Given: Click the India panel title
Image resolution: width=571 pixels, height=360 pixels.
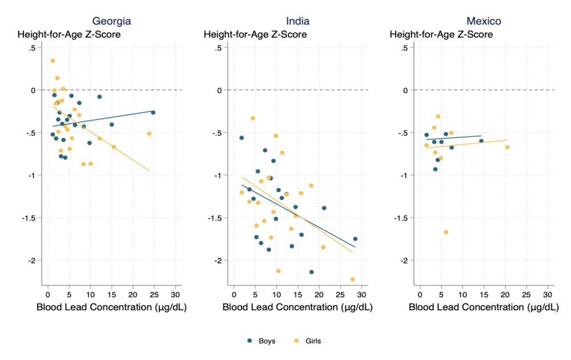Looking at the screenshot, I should (297, 22).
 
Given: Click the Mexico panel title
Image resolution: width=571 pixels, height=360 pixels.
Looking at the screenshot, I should (483, 22).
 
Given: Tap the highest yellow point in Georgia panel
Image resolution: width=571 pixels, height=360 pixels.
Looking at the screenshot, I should (53, 61).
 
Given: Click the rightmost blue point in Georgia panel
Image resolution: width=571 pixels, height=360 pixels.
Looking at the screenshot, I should (153, 113).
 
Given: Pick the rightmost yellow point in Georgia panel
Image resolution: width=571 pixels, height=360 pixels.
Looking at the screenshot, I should (149, 134).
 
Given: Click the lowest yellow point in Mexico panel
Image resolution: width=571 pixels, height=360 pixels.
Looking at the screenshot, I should (446, 232).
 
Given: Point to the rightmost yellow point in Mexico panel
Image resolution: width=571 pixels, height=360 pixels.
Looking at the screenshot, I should (507, 147).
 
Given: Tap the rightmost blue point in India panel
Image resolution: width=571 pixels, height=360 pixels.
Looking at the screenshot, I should (355, 239).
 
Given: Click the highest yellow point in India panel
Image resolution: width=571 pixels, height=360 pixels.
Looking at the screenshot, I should (253, 118).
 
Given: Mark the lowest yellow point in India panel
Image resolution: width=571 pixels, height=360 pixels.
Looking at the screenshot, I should (352, 279).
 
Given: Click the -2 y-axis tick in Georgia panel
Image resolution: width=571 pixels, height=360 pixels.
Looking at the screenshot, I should (32, 261).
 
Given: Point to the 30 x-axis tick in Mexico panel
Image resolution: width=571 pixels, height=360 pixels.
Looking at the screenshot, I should (548, 294).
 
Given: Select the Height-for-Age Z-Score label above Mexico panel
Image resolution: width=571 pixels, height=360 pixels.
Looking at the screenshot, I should (441, 35).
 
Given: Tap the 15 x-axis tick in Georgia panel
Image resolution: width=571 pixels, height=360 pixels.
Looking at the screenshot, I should (112, 294).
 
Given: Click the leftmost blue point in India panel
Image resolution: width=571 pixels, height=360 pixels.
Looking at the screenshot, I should (242, 138).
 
